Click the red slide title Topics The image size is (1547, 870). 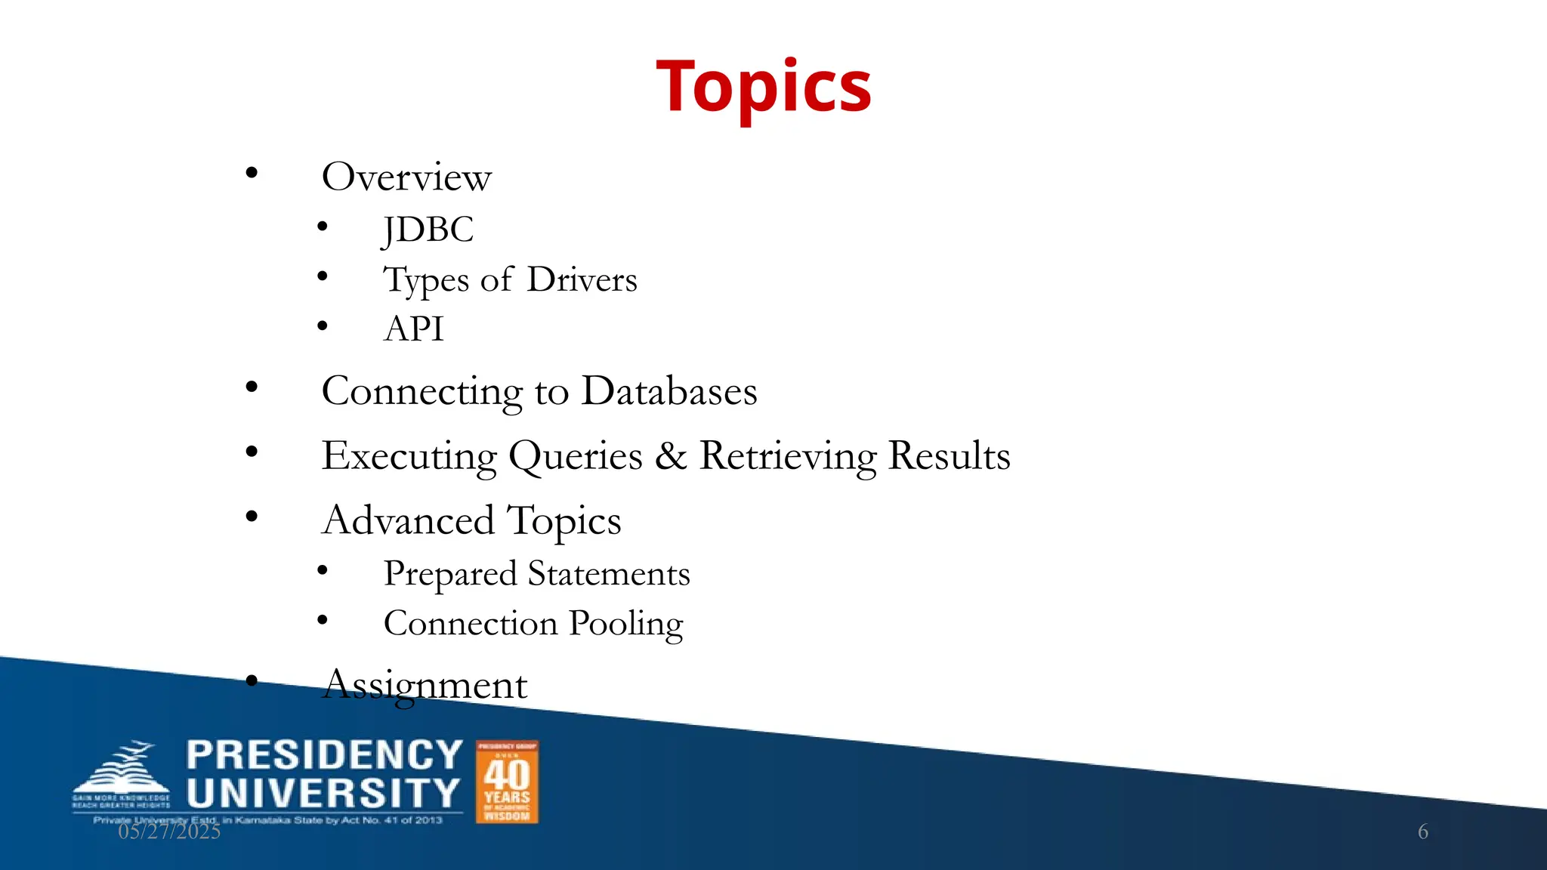764,87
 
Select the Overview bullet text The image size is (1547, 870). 406,177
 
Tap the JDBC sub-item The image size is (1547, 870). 428,230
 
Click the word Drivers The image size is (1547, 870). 582,279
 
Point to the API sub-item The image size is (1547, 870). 413,329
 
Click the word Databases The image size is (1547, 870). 669,391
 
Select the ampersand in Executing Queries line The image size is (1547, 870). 670,456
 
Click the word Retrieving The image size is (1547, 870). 788,456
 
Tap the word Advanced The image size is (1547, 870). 408,520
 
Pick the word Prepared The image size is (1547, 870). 450,574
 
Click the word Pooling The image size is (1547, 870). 625,624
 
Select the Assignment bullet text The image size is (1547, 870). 425,685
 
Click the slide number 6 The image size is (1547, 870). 1422,831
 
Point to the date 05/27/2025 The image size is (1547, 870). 169,831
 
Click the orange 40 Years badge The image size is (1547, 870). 507,782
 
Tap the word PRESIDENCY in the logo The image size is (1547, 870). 324,755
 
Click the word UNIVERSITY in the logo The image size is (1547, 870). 323,794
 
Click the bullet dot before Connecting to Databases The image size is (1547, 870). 252,387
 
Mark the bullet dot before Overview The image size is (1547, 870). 252,174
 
